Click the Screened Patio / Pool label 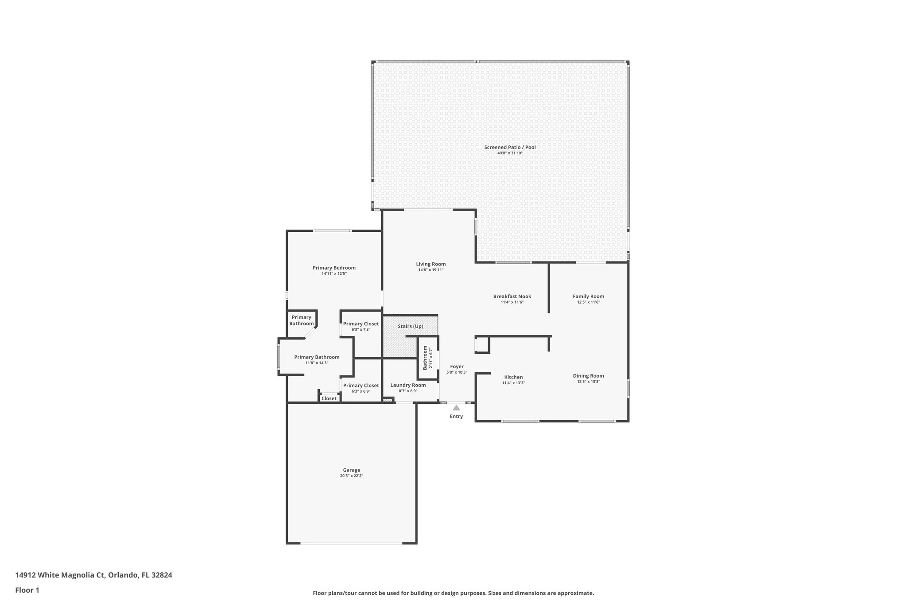click(510, 147)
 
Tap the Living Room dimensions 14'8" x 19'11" click(430, 270)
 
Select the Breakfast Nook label click(512, 297)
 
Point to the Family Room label click(588, 297)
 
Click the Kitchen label click(513, 377)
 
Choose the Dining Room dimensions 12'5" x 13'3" click(588, 382)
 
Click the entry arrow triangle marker click(456, 408)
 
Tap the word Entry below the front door click(456, 417)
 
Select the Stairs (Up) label click(410, 326)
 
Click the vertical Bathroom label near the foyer click(425, 358)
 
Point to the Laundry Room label click(408, 385)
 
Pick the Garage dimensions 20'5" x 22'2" click(352, 476)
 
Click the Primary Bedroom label click(334, 268)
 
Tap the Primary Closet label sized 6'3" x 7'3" click(361, 324)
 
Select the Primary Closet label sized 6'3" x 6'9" click(361, 386)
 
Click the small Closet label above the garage click(329, 398)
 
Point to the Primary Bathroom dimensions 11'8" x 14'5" click(317, 363)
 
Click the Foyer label click(457, 367)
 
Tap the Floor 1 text click(27, 590)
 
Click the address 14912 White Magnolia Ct click(60, 575)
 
